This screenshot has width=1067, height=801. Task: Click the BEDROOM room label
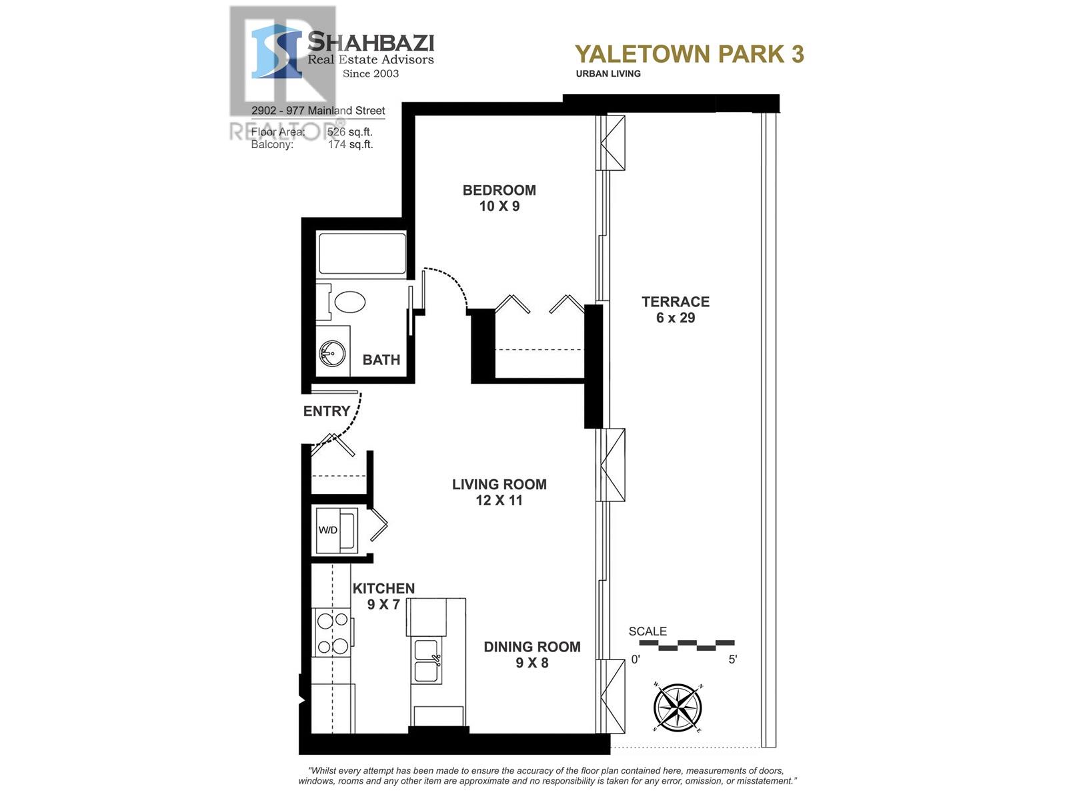pos(499,191)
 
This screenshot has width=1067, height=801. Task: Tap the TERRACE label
pos(675,302)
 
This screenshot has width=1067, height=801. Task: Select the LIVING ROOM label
pos(499,485)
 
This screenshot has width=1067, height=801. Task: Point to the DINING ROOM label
pos(531,647)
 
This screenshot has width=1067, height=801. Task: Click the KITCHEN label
pos(383,589)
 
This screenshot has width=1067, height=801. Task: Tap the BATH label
pos(381,360)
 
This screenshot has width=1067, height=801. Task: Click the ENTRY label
pos(326,411)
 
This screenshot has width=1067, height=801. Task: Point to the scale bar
pos(686,645)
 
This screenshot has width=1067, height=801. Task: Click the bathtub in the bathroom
pos(361,253)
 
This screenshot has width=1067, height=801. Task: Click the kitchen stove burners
pos(332,633)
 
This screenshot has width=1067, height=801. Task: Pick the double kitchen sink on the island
pos(426,661)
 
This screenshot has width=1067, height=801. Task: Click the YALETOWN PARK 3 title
pos(689,54)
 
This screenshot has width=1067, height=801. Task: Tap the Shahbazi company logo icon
pos(276,51)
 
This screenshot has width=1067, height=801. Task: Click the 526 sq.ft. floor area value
pos(350,132)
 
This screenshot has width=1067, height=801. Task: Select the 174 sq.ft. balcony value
pos(350,144)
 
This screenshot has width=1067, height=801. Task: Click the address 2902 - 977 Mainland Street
pos(318,111)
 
